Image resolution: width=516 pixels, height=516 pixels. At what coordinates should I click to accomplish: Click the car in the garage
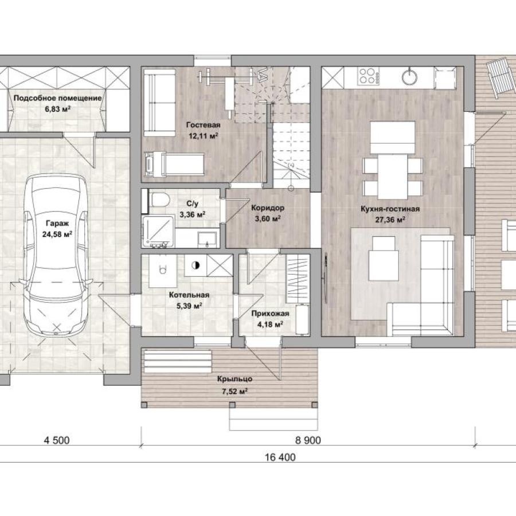pos(57,255)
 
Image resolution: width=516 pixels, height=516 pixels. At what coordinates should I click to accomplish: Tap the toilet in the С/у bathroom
pos(159,199)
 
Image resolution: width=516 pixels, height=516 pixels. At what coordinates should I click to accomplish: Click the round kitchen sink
pos(410,77)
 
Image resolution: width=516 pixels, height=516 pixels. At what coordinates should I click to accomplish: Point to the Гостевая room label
pos(203,125)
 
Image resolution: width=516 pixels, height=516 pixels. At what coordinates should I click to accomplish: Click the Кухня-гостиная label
pos(390,209)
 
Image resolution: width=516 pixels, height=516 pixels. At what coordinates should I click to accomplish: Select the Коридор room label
pos(268,208)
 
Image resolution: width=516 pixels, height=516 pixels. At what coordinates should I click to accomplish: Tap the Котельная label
pos(189,295)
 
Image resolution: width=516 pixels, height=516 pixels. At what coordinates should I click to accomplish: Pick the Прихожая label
pos(270,313)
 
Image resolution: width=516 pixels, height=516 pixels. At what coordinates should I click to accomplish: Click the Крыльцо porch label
pos(234,379)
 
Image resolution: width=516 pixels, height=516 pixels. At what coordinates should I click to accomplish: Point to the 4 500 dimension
pos(57,440)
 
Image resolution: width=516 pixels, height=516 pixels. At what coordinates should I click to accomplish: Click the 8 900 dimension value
pos(308,440)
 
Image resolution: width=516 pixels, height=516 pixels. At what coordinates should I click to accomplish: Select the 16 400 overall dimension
pos(280,458)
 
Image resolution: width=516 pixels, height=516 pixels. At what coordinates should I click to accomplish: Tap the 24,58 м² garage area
pos(57,234)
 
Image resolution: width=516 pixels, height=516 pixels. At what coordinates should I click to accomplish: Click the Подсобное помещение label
pos(57,98)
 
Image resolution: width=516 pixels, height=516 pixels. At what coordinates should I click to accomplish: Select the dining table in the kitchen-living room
pos(392,177)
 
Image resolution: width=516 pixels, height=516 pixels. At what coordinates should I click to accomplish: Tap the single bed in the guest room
pos(174,163)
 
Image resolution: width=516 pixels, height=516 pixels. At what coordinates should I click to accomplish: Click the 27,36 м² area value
pos(390,220)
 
